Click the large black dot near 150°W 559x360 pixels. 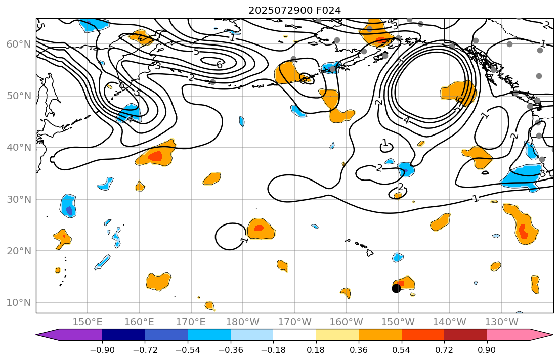[396, 288]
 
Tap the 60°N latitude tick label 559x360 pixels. [18, 44]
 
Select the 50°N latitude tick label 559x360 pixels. [18, 96]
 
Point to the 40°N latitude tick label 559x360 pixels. [18, 148]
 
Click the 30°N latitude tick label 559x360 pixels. [18, 199]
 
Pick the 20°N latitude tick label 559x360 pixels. [18, 251]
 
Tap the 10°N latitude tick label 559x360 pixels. [18, 303]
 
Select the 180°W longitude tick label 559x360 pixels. [243, 322]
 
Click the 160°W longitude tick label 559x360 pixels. [347, 322]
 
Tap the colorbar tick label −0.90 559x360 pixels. [102, 350]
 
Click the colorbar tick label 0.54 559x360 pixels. [402, 350]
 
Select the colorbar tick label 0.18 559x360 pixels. [316, 350]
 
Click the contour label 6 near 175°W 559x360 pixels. [220, 65]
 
